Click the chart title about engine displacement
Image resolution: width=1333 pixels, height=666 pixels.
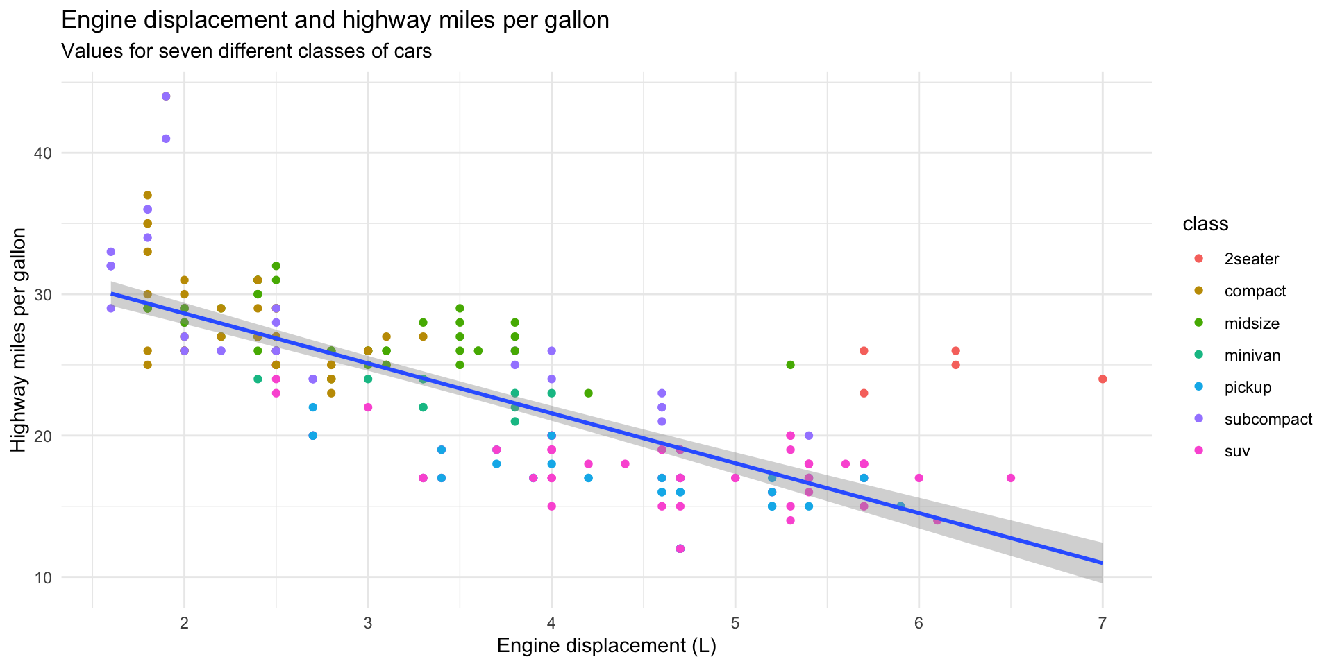click(x=335, y=21)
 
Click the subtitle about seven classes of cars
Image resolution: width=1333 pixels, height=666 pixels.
click(x=246, y=51)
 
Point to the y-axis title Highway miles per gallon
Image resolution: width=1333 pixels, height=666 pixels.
click(x=19, y=340)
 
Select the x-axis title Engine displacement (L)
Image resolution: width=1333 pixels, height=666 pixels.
click(x=606, y=647)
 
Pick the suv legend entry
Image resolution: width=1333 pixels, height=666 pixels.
click(x=1237, y=452)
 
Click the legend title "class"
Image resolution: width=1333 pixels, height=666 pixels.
click(x=1205, y=224)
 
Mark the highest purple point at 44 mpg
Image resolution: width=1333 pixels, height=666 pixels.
click(x=166, y=96)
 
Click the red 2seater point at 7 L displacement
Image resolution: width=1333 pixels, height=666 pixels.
click(x=1103, y=379)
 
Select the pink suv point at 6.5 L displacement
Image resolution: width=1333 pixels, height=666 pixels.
click(x=1011, y=478)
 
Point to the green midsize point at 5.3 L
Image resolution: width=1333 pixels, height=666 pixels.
click(x=790, y=365)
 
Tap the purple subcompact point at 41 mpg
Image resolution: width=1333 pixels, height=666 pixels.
click(x=166, y=139)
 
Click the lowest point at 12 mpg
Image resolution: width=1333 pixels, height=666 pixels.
click(x=680, y=549)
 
